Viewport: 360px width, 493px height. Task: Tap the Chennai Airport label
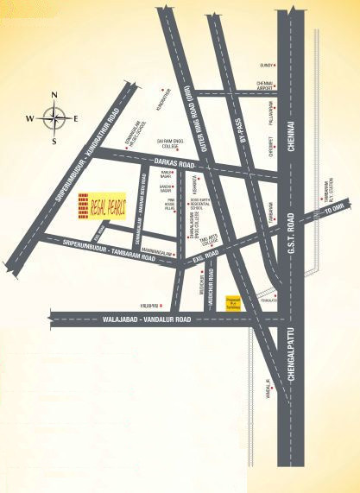(265, 86)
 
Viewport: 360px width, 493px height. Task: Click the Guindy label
(267, 65)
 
